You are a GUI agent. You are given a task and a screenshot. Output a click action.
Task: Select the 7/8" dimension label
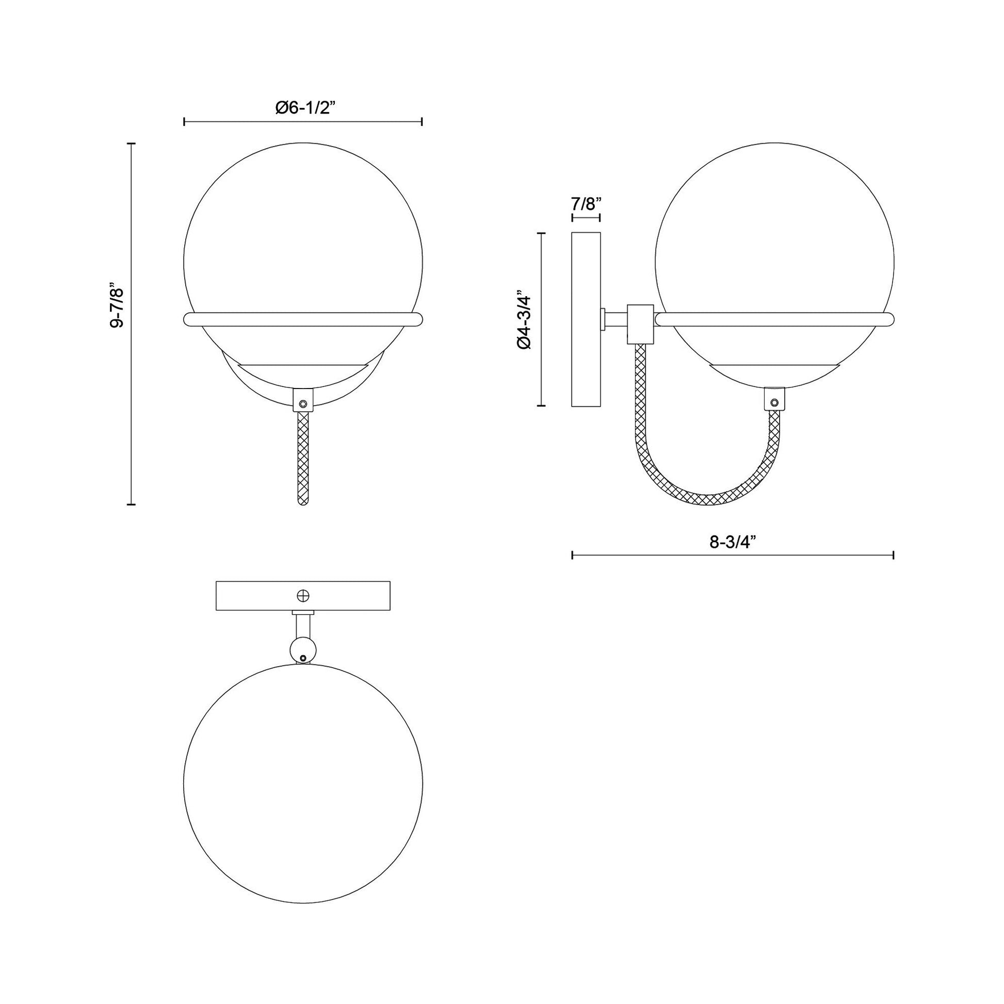coord(586,203)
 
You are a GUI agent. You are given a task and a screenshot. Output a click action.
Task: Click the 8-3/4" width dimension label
coord(732,542)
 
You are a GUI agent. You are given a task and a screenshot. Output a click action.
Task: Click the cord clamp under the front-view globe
coord(303,400)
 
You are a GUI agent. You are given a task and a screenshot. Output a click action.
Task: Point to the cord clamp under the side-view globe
coord(774,400)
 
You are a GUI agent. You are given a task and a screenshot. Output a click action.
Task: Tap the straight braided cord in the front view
coord(303,457)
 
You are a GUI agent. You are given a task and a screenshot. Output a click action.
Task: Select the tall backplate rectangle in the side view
coord(586,319)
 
